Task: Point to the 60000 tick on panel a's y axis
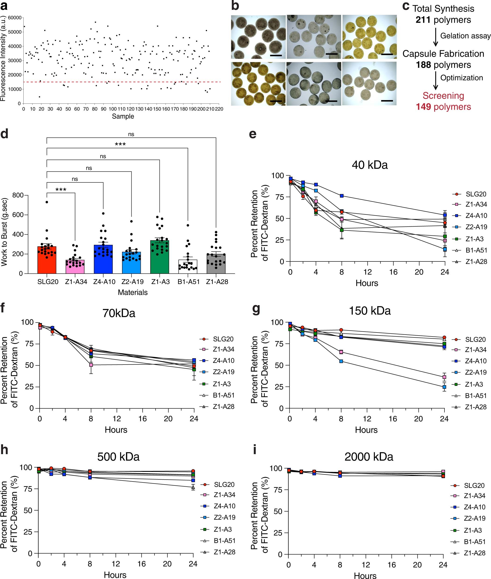click(x=14, y=18)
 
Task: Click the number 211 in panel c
click(x=423, y=20)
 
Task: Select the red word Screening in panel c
click(x=443, y=95)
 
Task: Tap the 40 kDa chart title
click(x=369, y=165)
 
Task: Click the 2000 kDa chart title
click(x=368, y=457)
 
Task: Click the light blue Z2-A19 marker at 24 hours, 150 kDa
click(x=444, y=387)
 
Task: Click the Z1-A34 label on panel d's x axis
click(x=76, y=282)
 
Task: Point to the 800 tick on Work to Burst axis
click(x=18, y=195)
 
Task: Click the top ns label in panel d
click(x=131, y=134)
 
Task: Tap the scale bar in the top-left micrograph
click(x=276, y=55)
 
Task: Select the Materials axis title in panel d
click(x=133, y=292)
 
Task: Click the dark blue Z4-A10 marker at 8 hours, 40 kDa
click(x=342, y=196)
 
